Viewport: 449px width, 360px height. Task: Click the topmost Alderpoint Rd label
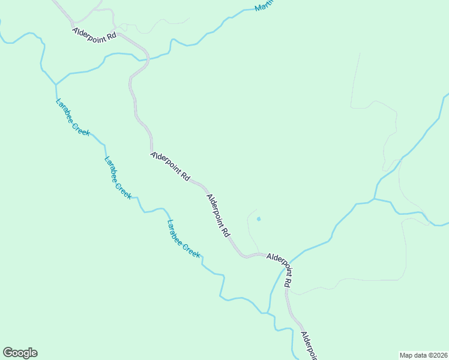94,35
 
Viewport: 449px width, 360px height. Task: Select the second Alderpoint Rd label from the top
170,166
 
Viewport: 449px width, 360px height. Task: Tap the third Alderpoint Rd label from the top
218,214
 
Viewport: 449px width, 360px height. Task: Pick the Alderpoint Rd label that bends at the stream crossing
280,269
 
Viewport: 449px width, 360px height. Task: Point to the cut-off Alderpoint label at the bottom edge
308,346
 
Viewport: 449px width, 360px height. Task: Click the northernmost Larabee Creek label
73,117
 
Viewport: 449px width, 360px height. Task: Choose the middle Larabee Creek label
118,178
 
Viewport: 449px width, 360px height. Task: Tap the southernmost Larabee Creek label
183,239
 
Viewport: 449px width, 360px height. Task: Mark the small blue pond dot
259,219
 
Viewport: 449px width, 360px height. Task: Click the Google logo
20,353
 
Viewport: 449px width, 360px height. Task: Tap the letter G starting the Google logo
8,353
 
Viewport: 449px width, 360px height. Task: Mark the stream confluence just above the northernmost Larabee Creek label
56,84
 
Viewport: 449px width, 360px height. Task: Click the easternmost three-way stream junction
374,199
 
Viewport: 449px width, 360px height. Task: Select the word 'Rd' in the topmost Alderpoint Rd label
110,38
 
